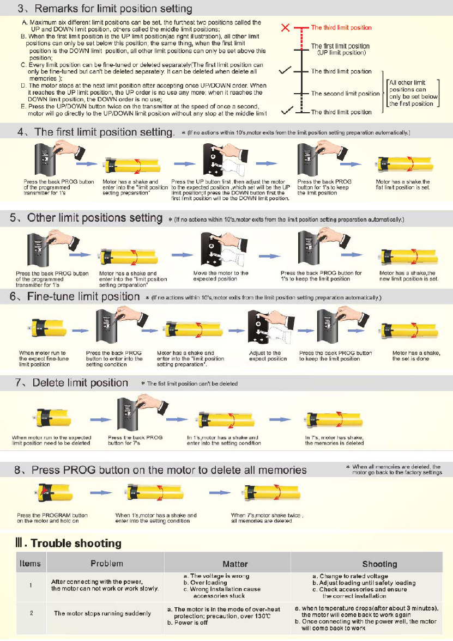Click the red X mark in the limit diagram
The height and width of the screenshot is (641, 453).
point(285,27)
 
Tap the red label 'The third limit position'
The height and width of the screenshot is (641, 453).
point(341,27)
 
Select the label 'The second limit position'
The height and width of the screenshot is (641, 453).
point(346,94)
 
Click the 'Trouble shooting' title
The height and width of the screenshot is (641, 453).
point(68,543)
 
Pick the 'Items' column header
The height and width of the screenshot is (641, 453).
point(31,563)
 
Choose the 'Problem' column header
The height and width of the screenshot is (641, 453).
point(107,563)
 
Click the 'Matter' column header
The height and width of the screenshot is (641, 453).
point(235,564)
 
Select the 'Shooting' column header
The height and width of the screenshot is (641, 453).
point(380,564)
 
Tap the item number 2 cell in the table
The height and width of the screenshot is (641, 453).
point(32,613)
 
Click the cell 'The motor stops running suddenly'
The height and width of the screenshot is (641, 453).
point(102,613)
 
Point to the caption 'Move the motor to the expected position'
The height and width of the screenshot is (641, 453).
point(221,276)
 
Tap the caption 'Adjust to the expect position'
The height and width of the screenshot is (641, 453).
point(268,356)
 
